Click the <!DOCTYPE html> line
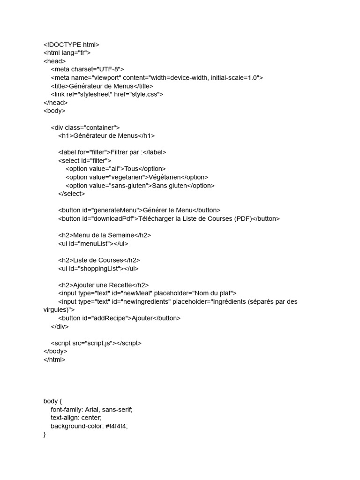(x=71, y=45)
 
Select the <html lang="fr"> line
(x=67, y=53)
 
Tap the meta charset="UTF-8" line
(x=87, y=69)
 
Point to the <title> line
(x=102, y=86)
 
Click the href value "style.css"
(x=146, y=94)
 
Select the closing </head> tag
(x=55, y=103)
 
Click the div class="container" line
(x=85, y=127)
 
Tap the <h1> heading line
(x=106, y=136)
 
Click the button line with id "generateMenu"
(x=139, y=210)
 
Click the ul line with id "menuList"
(x=93, y=244)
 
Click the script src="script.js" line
(x=96, y=343)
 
